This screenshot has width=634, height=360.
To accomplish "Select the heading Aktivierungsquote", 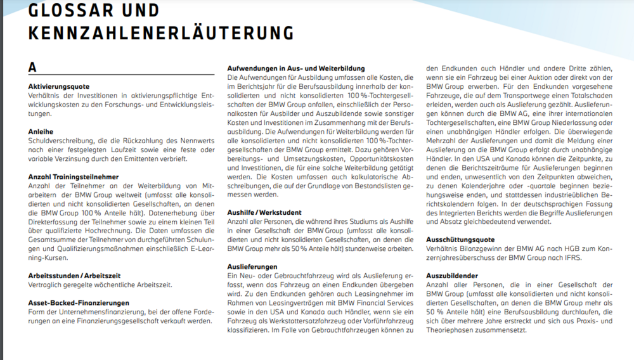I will [59, 86].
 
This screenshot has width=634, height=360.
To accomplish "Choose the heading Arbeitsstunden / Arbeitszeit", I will [74, 276].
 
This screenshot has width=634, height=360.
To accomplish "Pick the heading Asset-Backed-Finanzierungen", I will [79, 303].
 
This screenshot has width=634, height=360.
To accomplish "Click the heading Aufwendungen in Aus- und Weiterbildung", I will [296, 68].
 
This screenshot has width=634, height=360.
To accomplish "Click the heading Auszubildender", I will [452, 276].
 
